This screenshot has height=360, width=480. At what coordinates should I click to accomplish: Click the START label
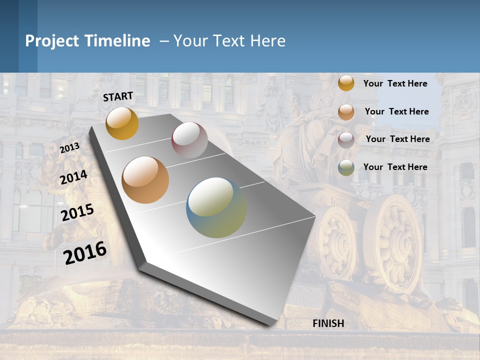click(x=118, y=96)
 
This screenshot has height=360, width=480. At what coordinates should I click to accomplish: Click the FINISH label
click(x=328, y=323)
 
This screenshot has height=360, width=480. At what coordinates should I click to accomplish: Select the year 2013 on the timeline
click(x=69, y=148)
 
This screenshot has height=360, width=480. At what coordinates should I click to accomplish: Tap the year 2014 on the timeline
click(x=73, y=177)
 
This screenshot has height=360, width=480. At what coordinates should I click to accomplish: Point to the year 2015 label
click(x=77, y=212)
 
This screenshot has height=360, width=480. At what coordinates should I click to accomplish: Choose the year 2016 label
click(x=85, y=253)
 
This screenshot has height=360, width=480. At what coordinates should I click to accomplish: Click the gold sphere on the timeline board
click(x=122, y=123)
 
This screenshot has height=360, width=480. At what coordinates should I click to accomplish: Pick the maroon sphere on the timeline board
click(x=189, y=140)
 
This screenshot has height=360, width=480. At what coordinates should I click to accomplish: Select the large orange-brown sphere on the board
click(x=145, y=180)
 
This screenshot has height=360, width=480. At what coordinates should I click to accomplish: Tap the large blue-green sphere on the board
click(x=216, y=207)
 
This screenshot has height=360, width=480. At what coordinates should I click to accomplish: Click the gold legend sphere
click(x=346, y=83)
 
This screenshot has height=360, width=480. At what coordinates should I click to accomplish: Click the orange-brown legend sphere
click(x=346, y=112)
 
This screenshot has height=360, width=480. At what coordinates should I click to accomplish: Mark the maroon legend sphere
click(x=346, y=140)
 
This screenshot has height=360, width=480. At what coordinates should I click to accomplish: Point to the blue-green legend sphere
click(x=346, y=167)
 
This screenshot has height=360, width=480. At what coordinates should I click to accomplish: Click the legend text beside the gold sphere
click(x=395, y=83)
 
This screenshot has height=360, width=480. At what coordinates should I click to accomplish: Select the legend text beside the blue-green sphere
click(x=395, y=167)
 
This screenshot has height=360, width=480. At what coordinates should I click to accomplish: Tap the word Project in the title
click(x=52, y=41)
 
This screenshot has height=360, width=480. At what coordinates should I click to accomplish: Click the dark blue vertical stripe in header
click(x=28, y=36)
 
